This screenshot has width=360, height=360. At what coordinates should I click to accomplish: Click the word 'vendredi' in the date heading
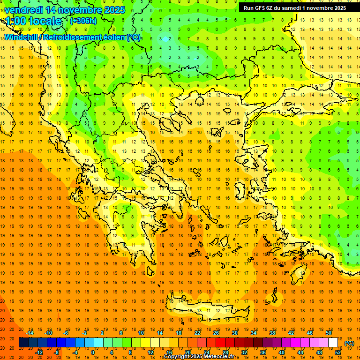point(23,10)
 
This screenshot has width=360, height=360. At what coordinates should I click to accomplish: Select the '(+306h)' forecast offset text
point(83,21)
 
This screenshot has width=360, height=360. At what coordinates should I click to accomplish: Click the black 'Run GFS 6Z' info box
point(295,7)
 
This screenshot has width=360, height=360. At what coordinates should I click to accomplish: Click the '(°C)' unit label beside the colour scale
point(349,343)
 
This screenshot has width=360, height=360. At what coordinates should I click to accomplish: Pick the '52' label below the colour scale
point(338,352)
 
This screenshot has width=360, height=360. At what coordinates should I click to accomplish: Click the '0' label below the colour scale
point(93,352)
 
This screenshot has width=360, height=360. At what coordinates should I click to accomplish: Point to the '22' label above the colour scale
point(197,333)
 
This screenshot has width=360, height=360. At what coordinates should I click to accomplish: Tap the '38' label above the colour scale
point(272,333)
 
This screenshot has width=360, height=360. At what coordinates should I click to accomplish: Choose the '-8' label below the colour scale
point(57,352)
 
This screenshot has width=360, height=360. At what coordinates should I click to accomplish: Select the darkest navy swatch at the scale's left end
point(23,343)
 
